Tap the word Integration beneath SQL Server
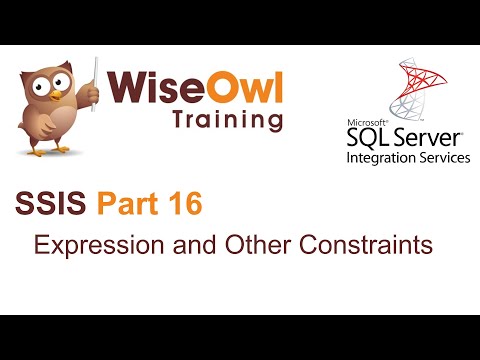coord(379,158)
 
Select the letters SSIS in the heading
coord(53,206)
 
